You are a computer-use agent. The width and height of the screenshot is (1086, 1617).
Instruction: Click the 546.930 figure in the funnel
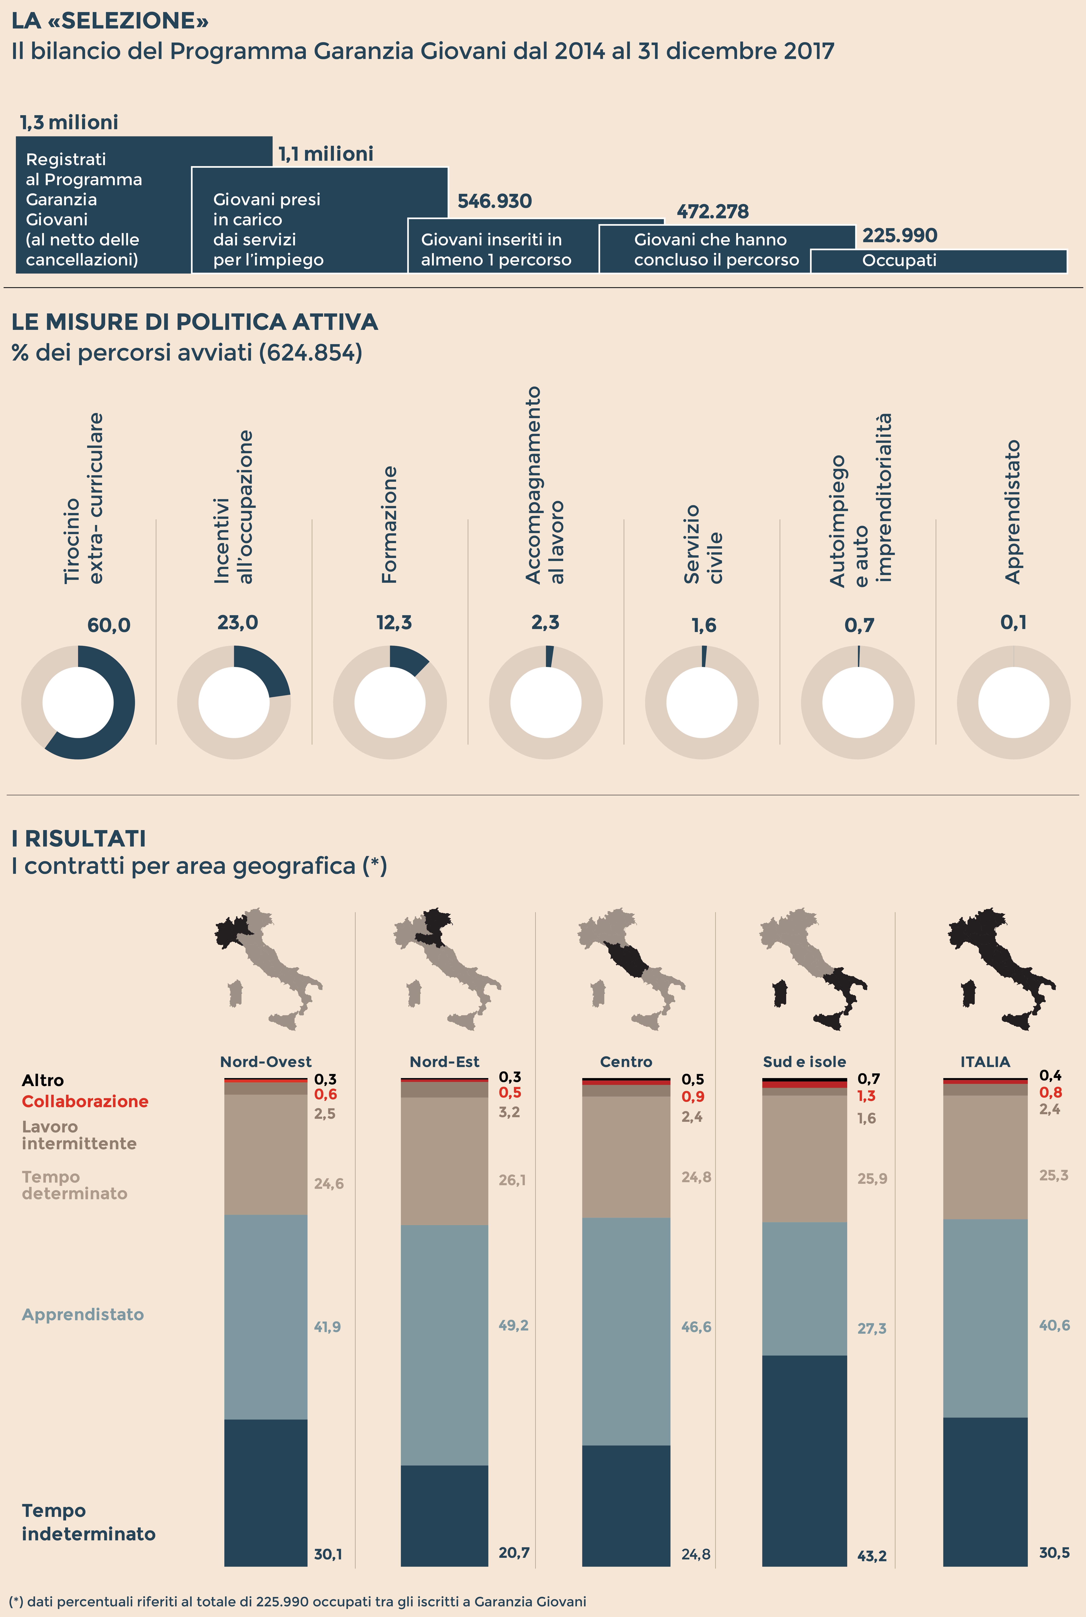tap(494, 201)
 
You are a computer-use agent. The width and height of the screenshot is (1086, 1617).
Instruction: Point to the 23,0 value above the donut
tap(238, 623)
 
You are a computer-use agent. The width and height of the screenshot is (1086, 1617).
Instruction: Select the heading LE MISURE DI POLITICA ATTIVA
tap(195, 322)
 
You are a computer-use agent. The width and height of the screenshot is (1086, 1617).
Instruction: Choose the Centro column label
tap(626, 1062)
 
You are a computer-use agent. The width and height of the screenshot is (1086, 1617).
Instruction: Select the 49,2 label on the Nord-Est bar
tap(513, 1325)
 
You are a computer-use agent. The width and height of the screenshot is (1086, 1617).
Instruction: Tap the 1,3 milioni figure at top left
tap(69, 123)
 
